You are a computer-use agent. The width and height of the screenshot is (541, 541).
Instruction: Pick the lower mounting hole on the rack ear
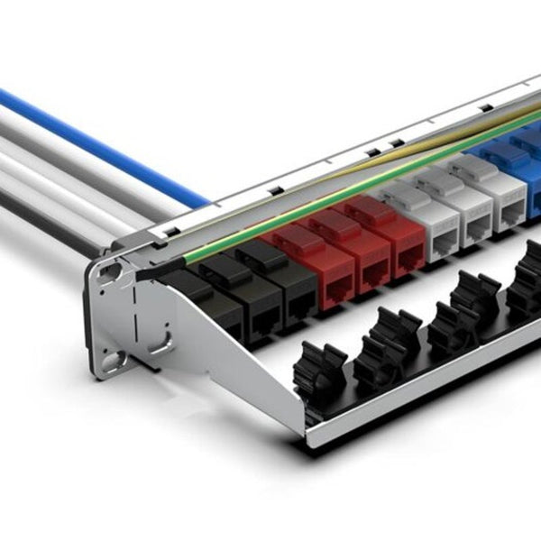pos(113,363)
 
